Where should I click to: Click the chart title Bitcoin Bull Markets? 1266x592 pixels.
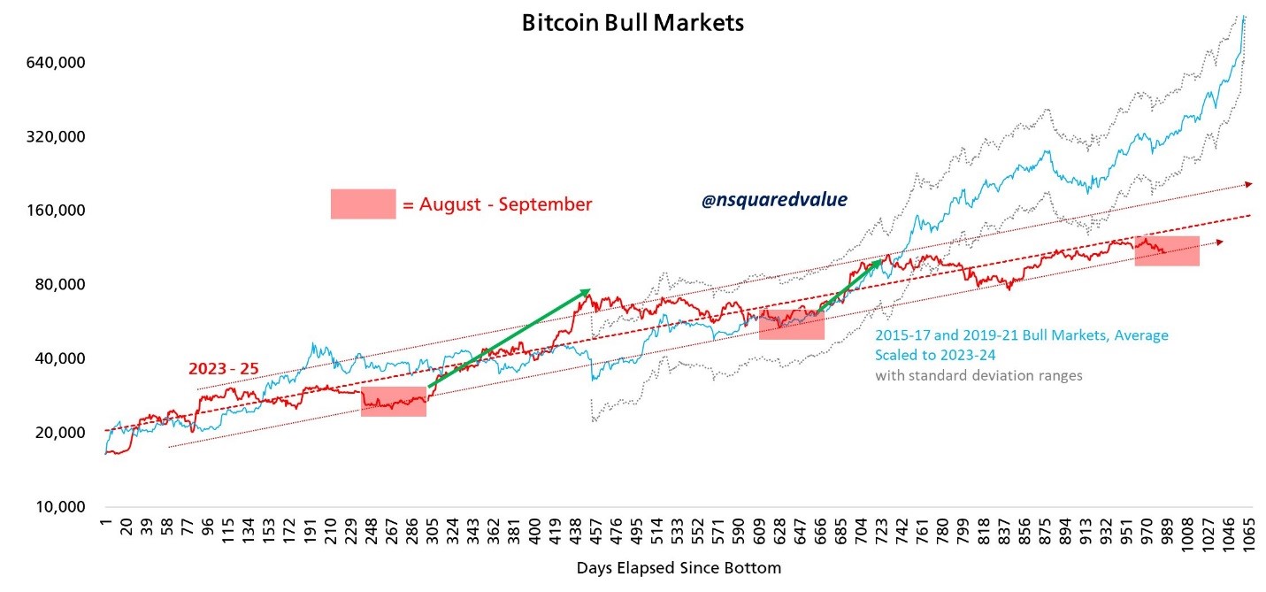pos(632,22)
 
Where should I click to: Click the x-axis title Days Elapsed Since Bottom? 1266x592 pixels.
pos(679,567)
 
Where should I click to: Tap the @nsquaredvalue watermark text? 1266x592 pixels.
pos(774,201)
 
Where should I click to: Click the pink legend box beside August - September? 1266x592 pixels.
pos(363,204)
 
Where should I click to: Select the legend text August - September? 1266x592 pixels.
pos(496,204)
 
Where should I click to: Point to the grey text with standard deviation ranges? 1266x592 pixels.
pos(978,375)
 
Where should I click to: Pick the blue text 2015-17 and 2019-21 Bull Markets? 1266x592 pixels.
pos(1021,335)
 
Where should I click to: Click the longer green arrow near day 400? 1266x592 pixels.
pos(509,338)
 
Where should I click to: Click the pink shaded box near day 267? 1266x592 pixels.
pos(394,401)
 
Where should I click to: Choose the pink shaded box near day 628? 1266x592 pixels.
pos(792,325)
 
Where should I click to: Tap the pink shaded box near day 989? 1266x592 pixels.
pos(1167,250)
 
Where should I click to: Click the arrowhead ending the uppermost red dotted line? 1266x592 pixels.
pos(1248,184)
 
